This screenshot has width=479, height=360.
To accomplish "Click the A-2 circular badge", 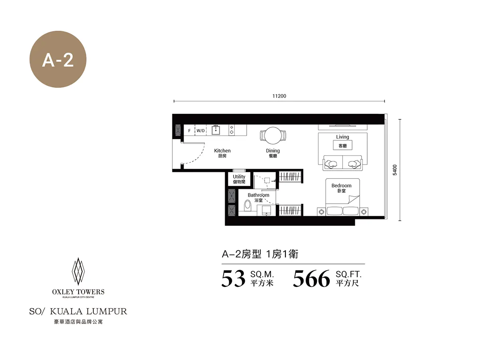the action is click(x=58, y=59).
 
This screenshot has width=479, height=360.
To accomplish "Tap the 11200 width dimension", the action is click(x=279, y=96).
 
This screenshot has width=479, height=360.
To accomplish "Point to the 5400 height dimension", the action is click(x=394, y=170).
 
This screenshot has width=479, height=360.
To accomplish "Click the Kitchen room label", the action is click(x=222, y=151).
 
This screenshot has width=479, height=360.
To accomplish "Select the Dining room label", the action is click(x=273, y=151).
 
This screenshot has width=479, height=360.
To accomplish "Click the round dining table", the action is click(x=273, y=135).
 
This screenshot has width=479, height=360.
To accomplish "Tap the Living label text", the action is click(x=342, y=137).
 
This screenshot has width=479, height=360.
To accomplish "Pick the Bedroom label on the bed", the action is click(x=341, y=185).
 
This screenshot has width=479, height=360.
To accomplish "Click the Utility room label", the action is click(x=239, y=177).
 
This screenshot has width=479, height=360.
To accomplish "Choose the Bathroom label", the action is click(x=258, y=195).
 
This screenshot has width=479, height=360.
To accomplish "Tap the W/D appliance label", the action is click(x=200, y=131).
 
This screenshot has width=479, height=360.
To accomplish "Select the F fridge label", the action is click(x=190, y=131).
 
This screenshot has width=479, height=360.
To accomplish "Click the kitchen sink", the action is click(x=216, y=130).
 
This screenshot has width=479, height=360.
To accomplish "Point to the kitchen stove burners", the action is click(x=232, y=130).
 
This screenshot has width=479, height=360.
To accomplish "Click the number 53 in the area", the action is click(x=233, y=278).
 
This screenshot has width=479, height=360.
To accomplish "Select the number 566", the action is click(x=311, y=278).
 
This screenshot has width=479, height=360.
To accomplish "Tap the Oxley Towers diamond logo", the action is click(x=78, y=271).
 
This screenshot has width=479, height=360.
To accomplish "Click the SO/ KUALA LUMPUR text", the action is click(x=78, y=311).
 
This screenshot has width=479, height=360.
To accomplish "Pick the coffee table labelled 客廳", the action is click(x=342, y=145).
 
